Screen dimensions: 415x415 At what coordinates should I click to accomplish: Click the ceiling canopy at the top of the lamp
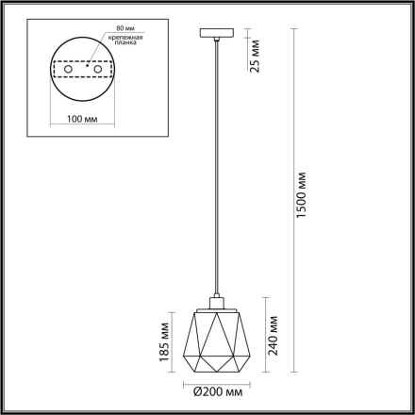tap(216, 36)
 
